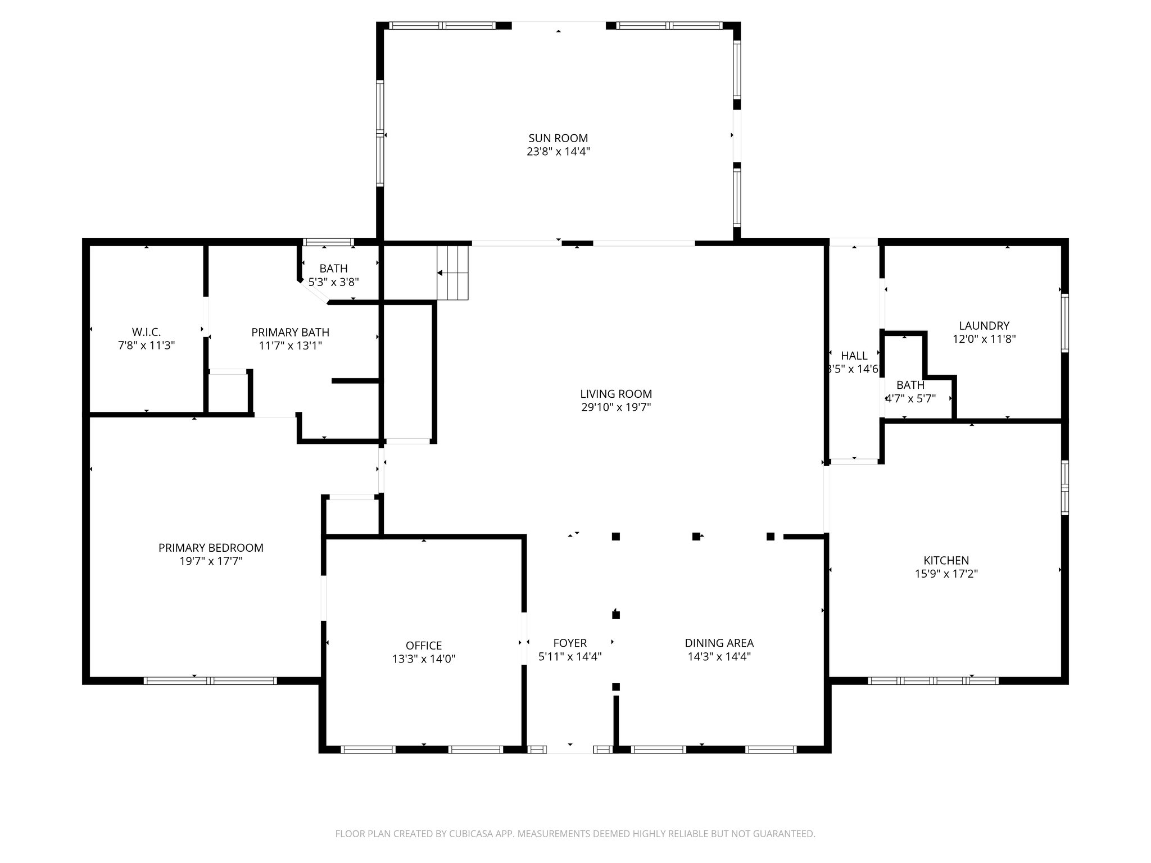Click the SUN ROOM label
click(558, 138)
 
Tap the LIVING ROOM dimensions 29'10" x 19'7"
click(616, 407)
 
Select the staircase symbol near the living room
click(453, 272)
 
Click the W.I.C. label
click(146, 332)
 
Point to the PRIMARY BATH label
click(290, 332)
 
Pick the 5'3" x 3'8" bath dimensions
click(333, 282)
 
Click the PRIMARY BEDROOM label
click(211, 547)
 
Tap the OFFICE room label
click(424, 646)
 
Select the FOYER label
click(570, 643)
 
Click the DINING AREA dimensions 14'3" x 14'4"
click(719, 656)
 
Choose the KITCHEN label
click(946, 560)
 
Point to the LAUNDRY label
click(984, 325)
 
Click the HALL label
click(854, 356)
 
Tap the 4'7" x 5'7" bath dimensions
click(910, 399)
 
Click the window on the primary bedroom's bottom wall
click(210, 680)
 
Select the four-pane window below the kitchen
click(933, 680)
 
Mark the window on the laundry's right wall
click(1064, 323)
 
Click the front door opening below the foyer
click(570, 749)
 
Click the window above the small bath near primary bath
click(328, 243)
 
